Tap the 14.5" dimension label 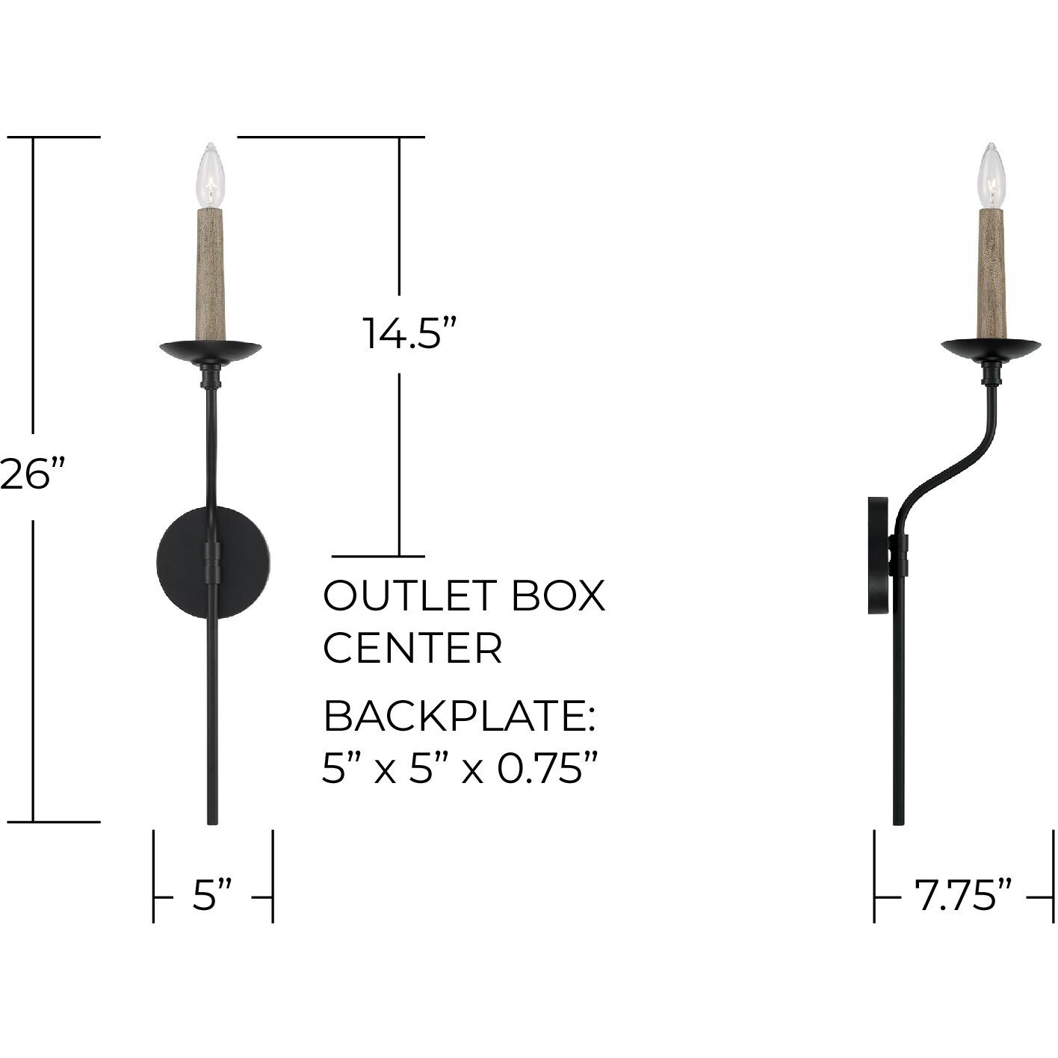409,333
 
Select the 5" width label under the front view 212,894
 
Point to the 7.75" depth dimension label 964,894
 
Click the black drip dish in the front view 211,350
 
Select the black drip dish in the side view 991,348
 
